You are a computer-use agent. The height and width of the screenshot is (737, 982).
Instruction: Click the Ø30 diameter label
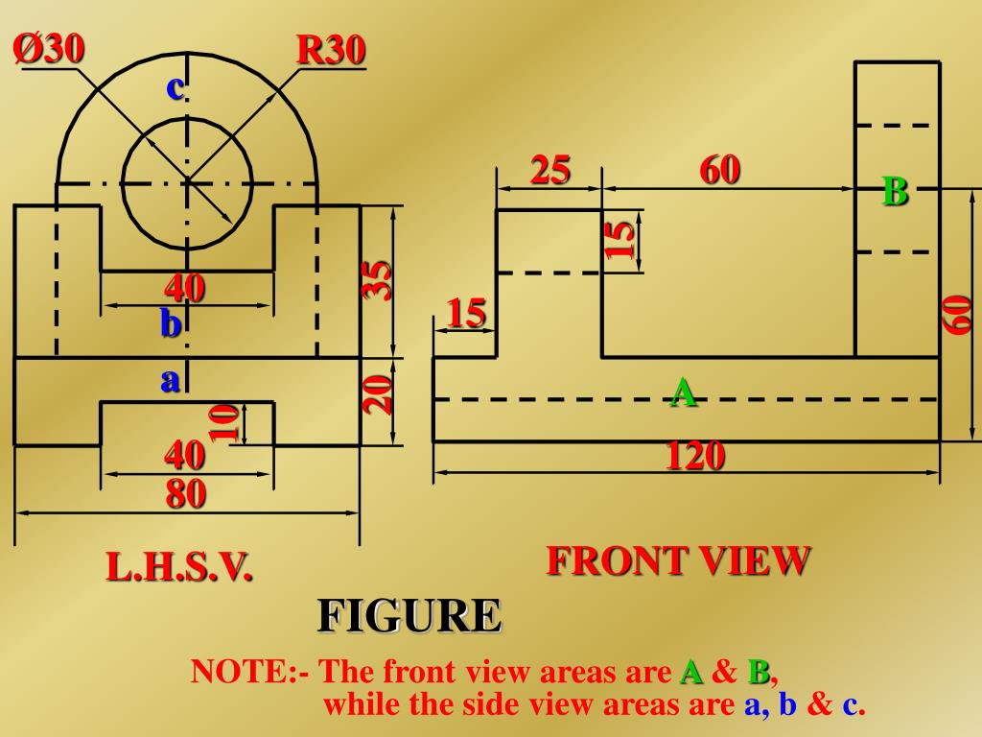pyautogui.click(x=48, y=49)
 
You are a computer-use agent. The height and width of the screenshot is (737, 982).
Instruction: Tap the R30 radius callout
pyautogui.click(x=331, y=51)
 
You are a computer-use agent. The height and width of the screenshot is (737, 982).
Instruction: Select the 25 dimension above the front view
pyautogui.click(x=550, y=171)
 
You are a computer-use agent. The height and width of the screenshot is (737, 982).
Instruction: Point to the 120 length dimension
pyautogui.click(x=695, y=457)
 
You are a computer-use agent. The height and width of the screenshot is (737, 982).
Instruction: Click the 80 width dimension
pyautogui.click(x=186, y=494)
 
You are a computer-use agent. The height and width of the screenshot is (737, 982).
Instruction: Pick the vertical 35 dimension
pyautogui.click(x=380, y=281)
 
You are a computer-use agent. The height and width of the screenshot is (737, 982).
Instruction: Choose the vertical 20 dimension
pyautogui.click(x=381, y=394)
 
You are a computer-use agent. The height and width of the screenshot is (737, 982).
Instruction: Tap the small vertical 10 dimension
pyautogui.click(x=224, y=422)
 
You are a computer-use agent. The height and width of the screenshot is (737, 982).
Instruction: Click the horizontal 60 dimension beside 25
pyautogui.click(x=720, y=171)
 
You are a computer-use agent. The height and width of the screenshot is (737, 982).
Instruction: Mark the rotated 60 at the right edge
pyautogui.click(x=958, y=315)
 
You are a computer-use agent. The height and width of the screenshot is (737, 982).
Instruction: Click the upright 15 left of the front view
pyautogui.click(x=466, y=313)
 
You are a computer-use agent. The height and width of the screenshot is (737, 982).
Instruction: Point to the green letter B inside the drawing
pyautogui.click(x=895, y=192)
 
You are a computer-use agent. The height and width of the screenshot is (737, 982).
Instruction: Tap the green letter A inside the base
pyautogui.click(x=683, y=392)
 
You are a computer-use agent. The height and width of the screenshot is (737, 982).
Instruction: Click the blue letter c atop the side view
pyautogui.click(x=175, y=87)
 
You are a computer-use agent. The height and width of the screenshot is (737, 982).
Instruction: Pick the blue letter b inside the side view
pyautogui.click(x=171, y=324)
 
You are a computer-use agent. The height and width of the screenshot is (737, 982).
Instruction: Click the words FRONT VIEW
pyautogui.click(x=679, y=560)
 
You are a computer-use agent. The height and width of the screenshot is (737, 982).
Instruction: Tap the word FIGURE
pyautogui.click(x=409, y=615)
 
